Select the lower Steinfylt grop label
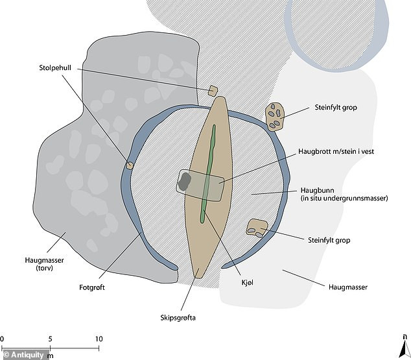coord(328,240)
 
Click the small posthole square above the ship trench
coord(213,91)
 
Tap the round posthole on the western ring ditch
coord(130,165)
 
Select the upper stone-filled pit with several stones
coord(276,117)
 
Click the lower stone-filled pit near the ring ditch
coord(256,227)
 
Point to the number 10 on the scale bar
coord(99,339)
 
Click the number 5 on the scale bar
coord(50,339)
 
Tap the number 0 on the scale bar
coord(3,339)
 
